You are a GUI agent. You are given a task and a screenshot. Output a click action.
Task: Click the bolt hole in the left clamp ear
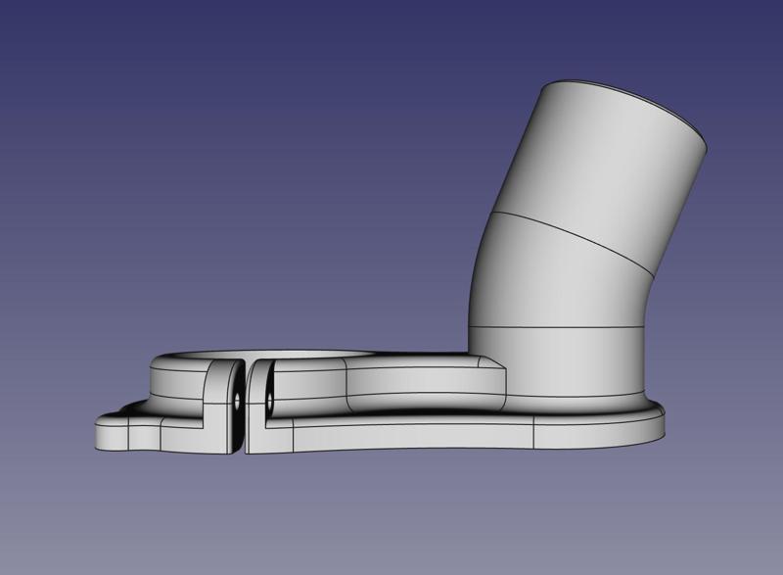coord(237,401)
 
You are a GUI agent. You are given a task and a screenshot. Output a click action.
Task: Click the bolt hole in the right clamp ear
coord(265,400)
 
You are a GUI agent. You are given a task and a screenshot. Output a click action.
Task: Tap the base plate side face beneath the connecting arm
coord(411,436)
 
